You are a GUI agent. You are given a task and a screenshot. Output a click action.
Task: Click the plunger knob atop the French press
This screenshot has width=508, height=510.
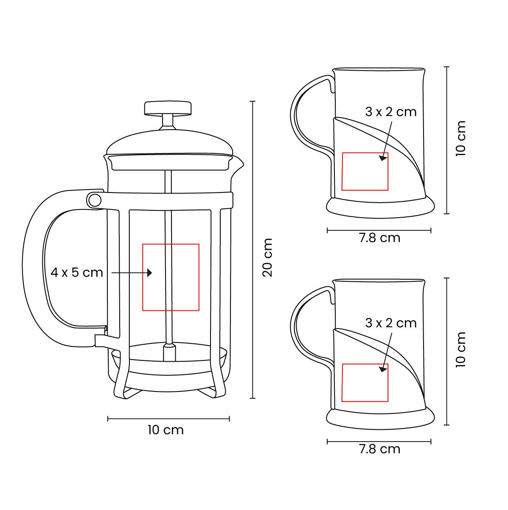click(168, 108)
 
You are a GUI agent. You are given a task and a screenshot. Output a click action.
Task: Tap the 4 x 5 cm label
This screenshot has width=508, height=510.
click(77, 272)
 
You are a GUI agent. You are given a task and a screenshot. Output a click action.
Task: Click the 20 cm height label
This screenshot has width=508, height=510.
click(267, 258)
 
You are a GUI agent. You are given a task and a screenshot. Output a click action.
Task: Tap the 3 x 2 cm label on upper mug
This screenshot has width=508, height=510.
click(391, 112)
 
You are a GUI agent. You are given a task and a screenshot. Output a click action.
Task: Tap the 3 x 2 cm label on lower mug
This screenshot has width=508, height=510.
click(391, 323)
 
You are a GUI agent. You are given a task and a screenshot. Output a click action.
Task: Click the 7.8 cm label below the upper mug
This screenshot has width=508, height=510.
click(379, 238)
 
